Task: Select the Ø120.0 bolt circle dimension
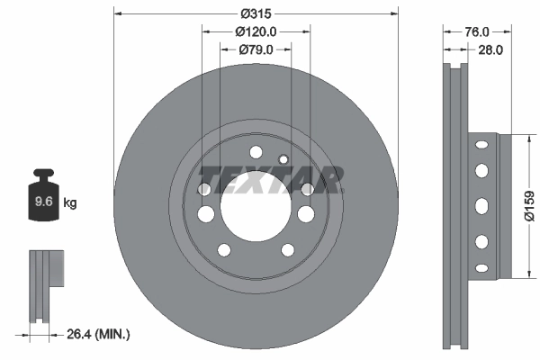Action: pyautogui.click(x=256, y=31)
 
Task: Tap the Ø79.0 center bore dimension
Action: pyautogui.click(x=256, y=49)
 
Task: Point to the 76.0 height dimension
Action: pyautogui.click(x=465, y=31)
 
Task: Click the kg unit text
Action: pyautogui.click(x=70, y=203)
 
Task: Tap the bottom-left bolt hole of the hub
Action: pyautogui.click(x=225, y=250)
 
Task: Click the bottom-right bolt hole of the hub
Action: pyautogui.click(x=288, y=250)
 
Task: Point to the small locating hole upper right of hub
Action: pyautogui.click(x=283, y=160)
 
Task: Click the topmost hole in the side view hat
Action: pyautogui.click(x=481, y=144)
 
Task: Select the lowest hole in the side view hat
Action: pyautogui.click(x=481, y=267)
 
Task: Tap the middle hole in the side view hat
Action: pyautogui.click(x=481, y=204)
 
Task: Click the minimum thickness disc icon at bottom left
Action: pyautogui.click(x=45, y=283)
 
